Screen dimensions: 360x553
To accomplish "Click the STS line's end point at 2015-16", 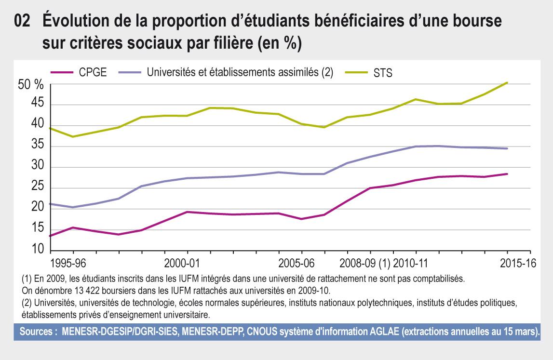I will (507, 83).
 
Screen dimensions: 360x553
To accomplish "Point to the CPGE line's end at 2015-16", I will (507, 174).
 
